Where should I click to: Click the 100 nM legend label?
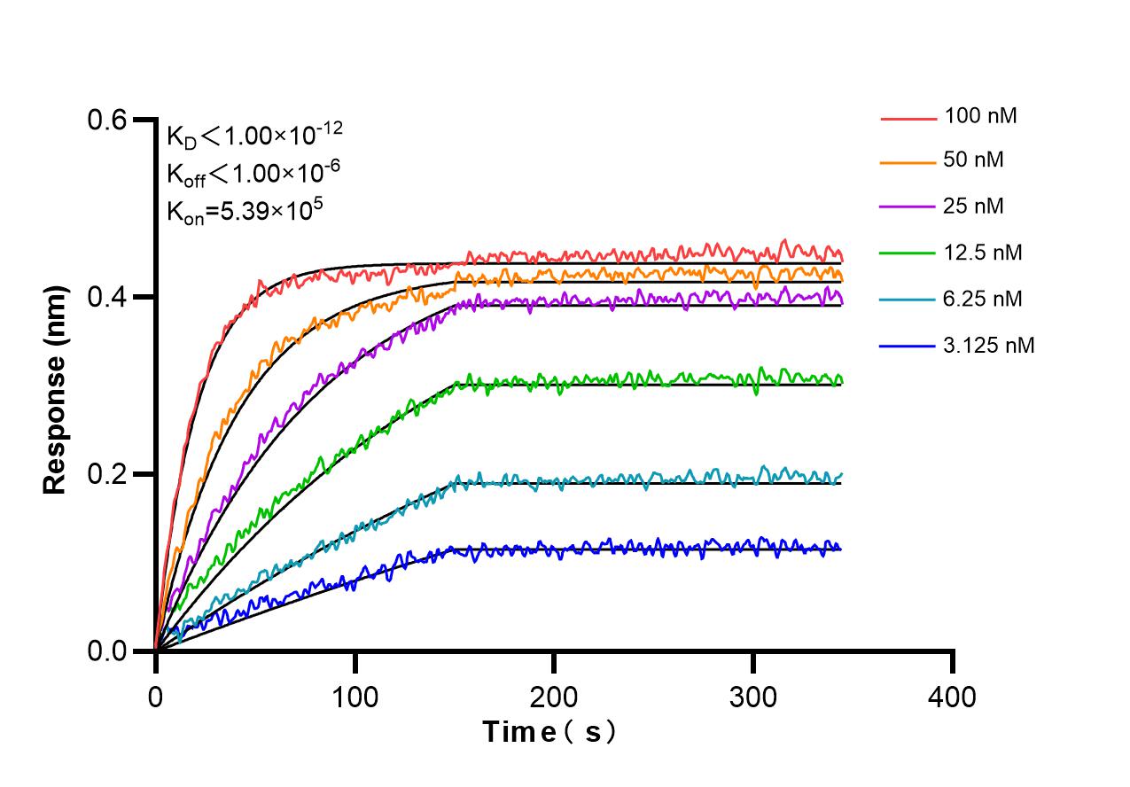[980, 115]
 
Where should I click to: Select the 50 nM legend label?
[975, 160]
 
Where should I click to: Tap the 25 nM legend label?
[975, 206]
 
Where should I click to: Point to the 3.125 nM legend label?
[989, 345]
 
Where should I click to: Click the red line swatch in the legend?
[908, 117]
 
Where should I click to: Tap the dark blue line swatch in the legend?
[908, 346]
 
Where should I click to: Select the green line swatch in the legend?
[908, 253]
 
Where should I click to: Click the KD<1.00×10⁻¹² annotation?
[254, 136]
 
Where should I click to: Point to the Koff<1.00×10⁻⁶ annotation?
[253, 173]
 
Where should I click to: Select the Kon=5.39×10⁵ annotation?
[245, 211]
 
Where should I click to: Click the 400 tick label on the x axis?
[953, 697]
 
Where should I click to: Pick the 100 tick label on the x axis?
[355, 697]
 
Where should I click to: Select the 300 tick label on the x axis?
[753, 697]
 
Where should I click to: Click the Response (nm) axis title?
[56, 390]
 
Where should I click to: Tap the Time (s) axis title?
[549, 733]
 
